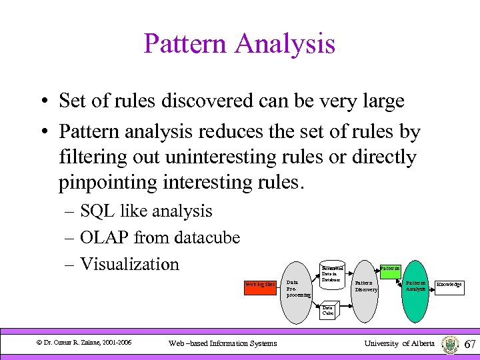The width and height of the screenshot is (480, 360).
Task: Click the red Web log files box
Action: pos(260,285)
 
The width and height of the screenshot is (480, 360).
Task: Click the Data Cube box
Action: pos(328,310)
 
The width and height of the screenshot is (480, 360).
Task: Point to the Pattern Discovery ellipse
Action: pos(366,286)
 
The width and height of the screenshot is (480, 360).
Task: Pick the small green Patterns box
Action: pos(389,268)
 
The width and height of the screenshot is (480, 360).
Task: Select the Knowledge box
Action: pos(449,285)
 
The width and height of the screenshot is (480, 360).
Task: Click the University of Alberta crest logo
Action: pos(450,344)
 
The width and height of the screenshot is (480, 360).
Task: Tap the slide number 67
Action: pos(469,344)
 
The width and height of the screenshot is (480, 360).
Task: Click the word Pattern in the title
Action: pos(185,45)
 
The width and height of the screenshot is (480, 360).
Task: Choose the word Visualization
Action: pos(129,264)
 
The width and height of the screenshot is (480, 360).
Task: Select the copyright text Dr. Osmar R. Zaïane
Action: pos(84,343)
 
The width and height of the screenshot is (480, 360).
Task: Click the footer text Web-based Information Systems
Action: pos(223,343)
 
